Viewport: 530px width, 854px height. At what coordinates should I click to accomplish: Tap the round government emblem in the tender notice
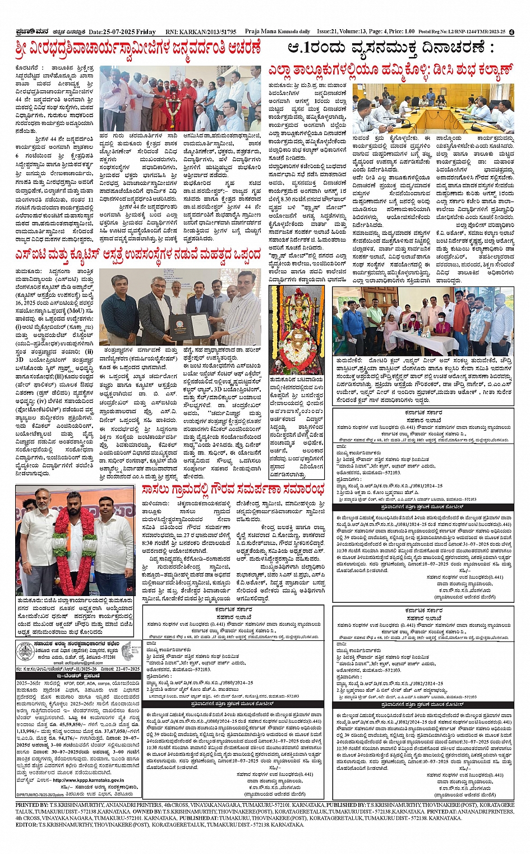click(23, 652)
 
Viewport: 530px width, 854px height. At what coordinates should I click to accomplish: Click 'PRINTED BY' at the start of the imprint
click(33, 805)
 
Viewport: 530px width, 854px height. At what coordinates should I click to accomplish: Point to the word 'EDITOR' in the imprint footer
click(27, 825)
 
